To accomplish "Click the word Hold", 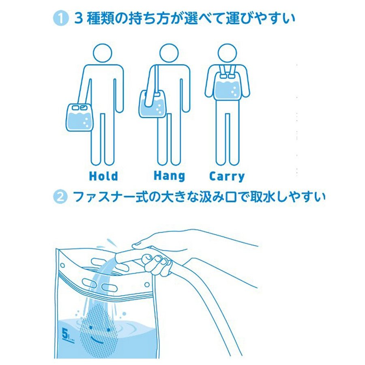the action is pos(103,176).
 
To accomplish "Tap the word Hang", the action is pos(170,176).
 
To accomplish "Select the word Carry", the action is pos(227,177).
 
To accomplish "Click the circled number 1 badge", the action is pos(60,18).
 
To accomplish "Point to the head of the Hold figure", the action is pos(103,53).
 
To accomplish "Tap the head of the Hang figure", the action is pos(169,53).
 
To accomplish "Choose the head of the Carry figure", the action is pos(227,53).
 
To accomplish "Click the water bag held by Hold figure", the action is pos(79,118).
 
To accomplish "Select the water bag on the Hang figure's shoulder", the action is pos(152,104).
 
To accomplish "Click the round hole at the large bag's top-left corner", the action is pos(62,265).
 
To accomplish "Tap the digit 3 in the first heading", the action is pos(79,19).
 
